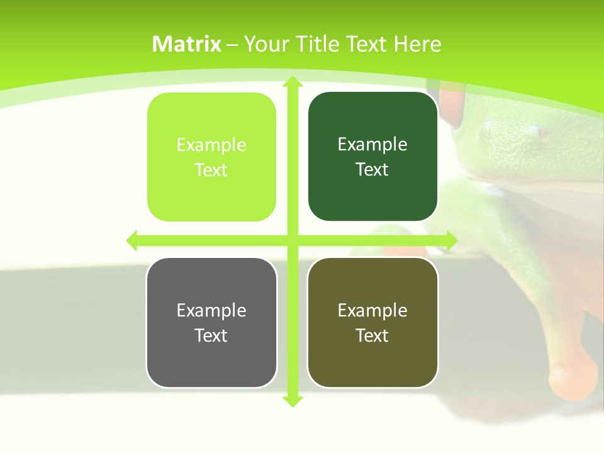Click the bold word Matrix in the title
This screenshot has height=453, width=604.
pos(187,44)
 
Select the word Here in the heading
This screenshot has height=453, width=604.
pos(417,44)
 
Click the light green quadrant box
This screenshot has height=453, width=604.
pos(211,157)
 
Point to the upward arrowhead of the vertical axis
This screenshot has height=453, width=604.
pos(292,82)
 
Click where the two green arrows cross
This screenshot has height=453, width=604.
pos(292,240)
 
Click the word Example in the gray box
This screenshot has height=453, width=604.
pos(211,311)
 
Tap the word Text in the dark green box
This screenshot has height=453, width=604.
pos(372,170)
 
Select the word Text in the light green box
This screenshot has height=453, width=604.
pos(211,171)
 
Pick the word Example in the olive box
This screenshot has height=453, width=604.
pos(372,311)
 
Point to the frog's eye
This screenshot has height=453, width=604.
pos(541,133)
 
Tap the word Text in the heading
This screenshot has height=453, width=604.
pos(368,44)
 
